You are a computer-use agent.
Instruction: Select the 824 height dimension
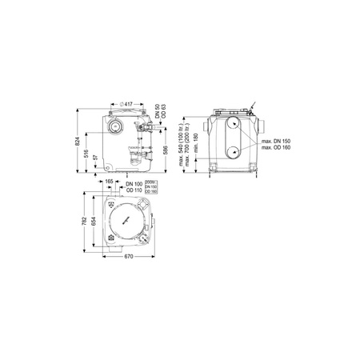tap(77, 140)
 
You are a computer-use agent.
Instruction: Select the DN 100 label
tap(134, 184)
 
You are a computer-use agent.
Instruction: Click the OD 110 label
tap(134, 190)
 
